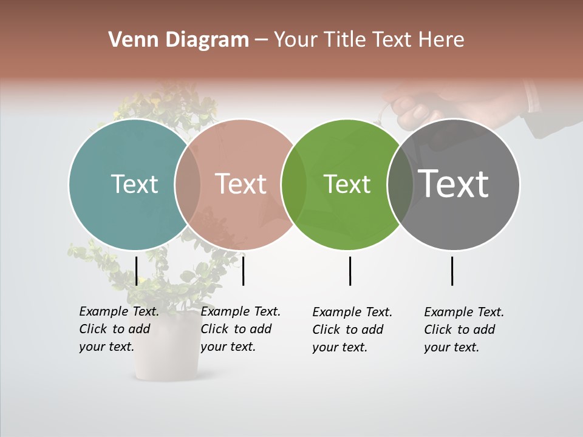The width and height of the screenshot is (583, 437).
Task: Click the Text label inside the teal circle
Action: pos(134,184)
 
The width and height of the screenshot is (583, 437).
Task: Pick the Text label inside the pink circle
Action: pos(241,184)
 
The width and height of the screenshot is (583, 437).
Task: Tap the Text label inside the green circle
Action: pos(347,184)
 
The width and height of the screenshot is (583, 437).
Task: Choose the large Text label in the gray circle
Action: pos(454,184)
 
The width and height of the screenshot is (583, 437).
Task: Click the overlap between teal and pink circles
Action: pos(188,184)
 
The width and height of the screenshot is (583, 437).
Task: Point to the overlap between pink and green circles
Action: pos(294,184)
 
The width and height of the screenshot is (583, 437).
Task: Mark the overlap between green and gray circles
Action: pos(401,184)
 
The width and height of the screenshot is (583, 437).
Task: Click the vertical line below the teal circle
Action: pos(137,271)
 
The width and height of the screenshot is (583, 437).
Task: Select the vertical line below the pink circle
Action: pos(243,271)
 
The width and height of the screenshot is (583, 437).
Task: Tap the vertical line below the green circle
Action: pos(350,271)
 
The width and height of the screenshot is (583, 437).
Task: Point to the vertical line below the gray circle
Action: pos(452,271)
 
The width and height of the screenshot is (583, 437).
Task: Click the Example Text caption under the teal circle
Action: pos(119,329)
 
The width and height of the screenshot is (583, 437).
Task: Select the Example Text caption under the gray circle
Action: pos(464,330)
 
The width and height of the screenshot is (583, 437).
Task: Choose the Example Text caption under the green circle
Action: pos(352,330)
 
